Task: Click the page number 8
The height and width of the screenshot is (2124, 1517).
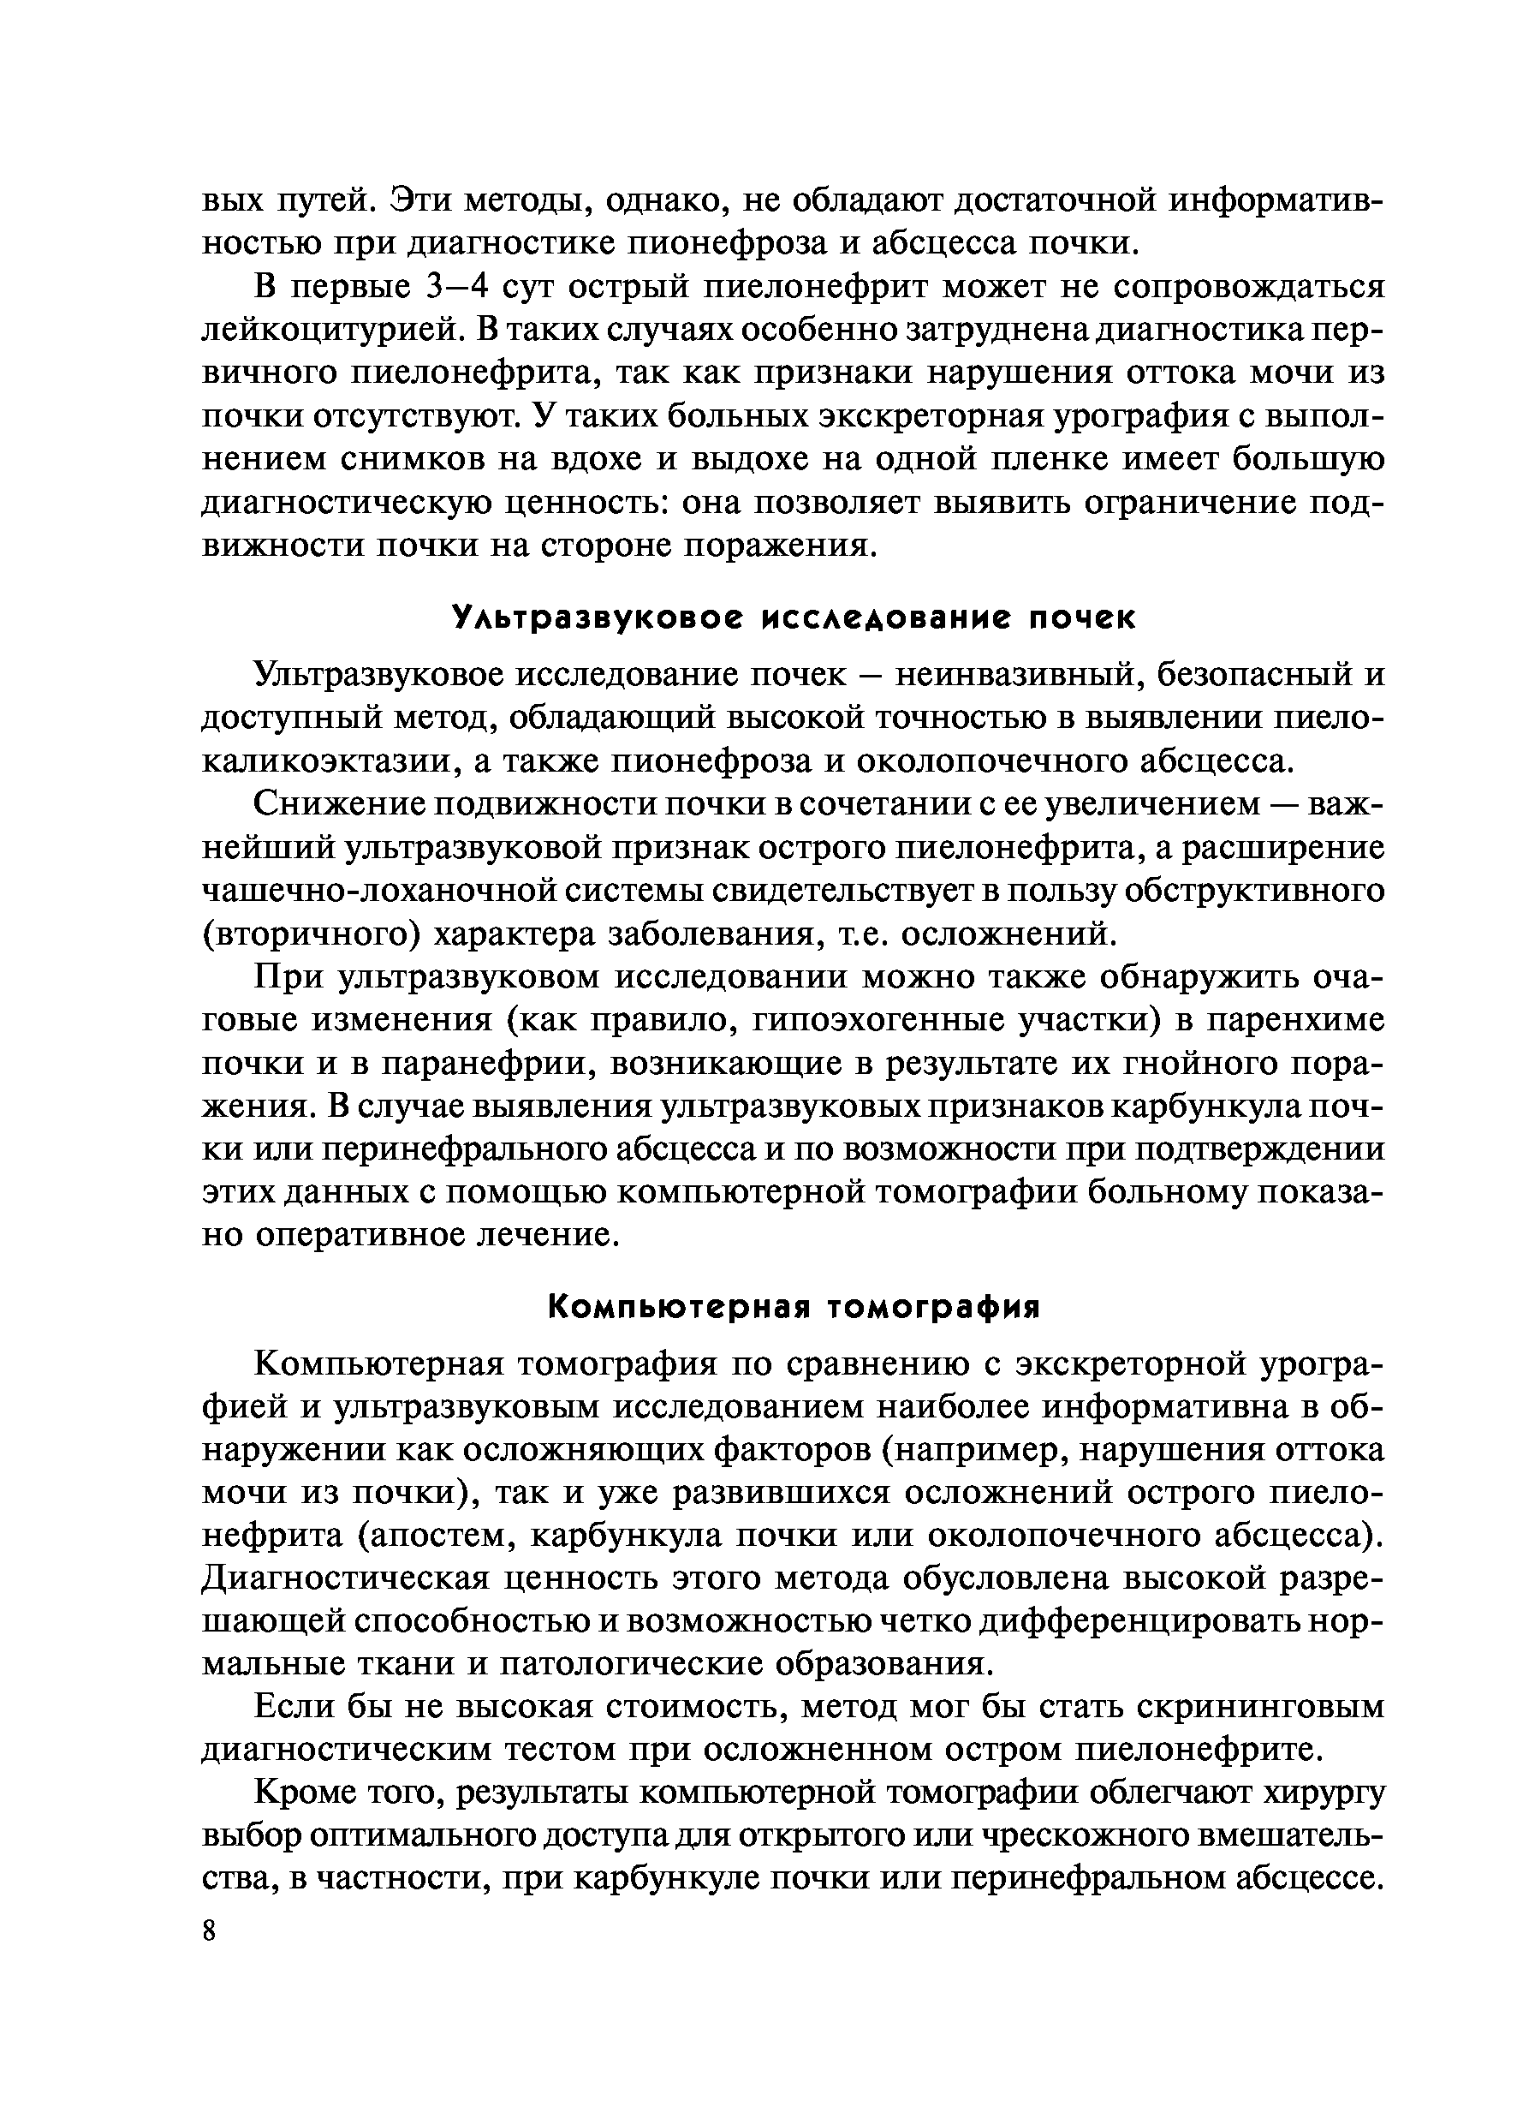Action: [x=209, y=1930]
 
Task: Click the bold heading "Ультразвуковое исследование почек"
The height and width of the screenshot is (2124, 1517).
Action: [x=794, y=618]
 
